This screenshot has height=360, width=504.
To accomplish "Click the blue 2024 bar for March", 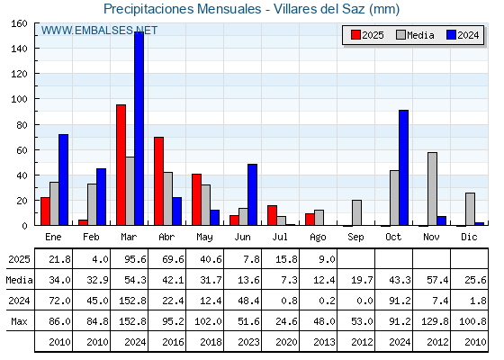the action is (139, 129).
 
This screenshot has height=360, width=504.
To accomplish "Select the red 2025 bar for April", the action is (158, 181).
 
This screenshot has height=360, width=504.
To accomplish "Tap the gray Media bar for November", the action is (432, 189).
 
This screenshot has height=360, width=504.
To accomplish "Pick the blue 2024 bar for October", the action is (404, 167).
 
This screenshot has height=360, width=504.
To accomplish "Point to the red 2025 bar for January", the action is (45, 211).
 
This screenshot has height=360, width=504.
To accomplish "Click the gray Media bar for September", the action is (356, 212).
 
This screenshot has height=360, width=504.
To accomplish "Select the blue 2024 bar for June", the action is (252, 194).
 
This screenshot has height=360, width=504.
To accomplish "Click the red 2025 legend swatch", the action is (355, 35).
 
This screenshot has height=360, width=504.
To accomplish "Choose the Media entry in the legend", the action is (415, 35).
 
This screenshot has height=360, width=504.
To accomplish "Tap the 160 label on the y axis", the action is (19, 23).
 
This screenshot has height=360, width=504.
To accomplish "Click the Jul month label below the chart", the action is (280, 237).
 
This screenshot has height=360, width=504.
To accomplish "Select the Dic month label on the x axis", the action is (469, 237).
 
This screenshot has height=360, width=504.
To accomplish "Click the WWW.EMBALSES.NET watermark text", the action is (99, 31).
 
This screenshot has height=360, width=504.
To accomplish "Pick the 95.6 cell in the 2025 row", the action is (135, 259).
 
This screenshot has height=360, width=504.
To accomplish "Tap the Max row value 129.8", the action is (435, 321).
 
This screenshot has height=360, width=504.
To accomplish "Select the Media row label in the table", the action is (19, 280).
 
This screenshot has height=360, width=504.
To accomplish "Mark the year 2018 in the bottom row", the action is (211, 342).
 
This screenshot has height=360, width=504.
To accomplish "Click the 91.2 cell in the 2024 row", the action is (400, 301).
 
